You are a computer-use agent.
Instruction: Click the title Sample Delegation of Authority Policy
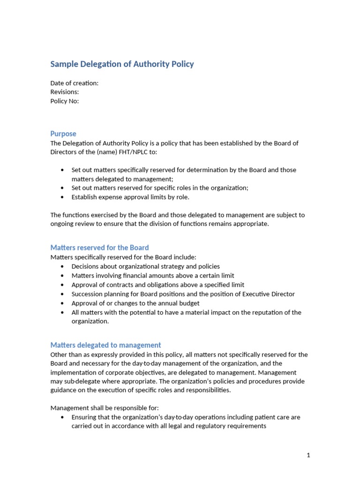click(x=122, y=64)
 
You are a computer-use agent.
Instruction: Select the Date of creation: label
click(x=74, y=83)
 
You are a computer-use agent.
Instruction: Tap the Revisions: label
click(x=64, y=92)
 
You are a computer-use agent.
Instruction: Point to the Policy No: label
click(x=64, y=101)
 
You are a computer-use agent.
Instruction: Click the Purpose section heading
click(x=63, y=134)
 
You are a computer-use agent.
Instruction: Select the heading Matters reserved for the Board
click(x=99, y=247)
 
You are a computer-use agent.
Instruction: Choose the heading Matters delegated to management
click(x=105, y=345)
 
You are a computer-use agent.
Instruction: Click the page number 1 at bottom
click(x=308, y=455)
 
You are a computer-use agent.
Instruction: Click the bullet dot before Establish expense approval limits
click(x=63, y=197)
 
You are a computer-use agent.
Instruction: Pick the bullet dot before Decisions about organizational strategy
click(x=63, y=266)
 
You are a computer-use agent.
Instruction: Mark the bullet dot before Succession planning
click(x=63, y=294)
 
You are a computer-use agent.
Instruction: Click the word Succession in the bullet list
click(x=87, y=294)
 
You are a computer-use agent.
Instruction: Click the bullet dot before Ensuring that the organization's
click(x=63, y=417)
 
